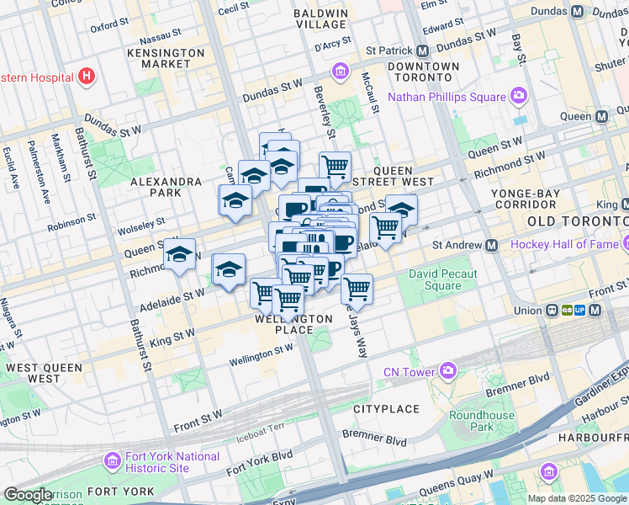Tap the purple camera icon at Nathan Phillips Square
[519, 97]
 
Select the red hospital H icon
[85, 77]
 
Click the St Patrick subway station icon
[423, 50]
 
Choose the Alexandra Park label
[166, 187]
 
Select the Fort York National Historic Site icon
[112, 461]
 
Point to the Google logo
[28, 495]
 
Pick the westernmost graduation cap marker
[179, 256]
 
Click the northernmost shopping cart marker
[335, 167]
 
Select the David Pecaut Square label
[442, 279]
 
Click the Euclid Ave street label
[12, 167]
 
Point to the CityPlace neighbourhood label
[386, 409]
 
